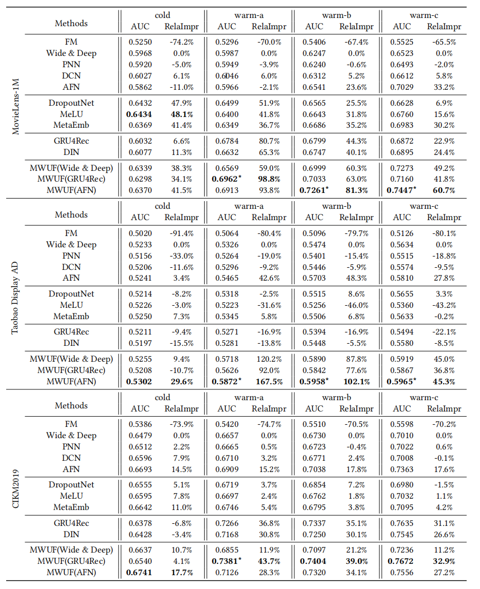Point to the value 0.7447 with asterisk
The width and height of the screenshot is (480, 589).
tap(404, 190)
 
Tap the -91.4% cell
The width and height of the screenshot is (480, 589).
tap(179, 233)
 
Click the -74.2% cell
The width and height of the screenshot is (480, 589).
tap(179, 42)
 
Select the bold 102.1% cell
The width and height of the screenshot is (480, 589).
tap(353, 381)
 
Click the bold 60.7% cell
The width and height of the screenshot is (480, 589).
tap(441, 190)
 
